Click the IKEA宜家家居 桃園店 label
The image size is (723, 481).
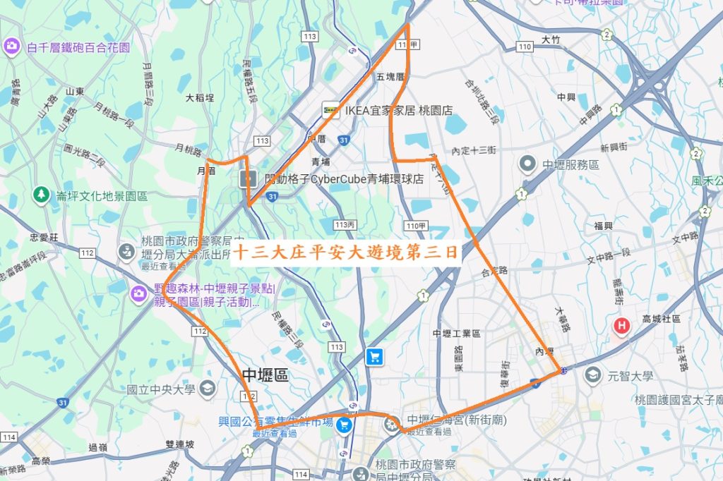tap(398, 111)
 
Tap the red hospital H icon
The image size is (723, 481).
tap(621, 325)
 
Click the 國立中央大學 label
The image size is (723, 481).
tap(161, 389)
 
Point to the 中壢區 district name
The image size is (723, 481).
tap(265, 375)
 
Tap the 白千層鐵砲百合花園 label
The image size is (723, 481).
tap(78, 48)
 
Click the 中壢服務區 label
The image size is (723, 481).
tap(570, 165)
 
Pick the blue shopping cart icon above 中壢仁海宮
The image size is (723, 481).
tap(374, 357)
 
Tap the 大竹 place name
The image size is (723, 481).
tap(551, 40)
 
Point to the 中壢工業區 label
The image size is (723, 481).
tap(456, 334)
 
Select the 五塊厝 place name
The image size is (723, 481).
tap(390, 77)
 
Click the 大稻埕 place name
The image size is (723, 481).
tap(200, 98)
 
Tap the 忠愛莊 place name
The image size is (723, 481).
tap(43, 238)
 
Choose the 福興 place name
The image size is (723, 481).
tap(603, 226)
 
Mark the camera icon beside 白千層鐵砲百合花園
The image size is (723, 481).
tap(11, 47)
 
